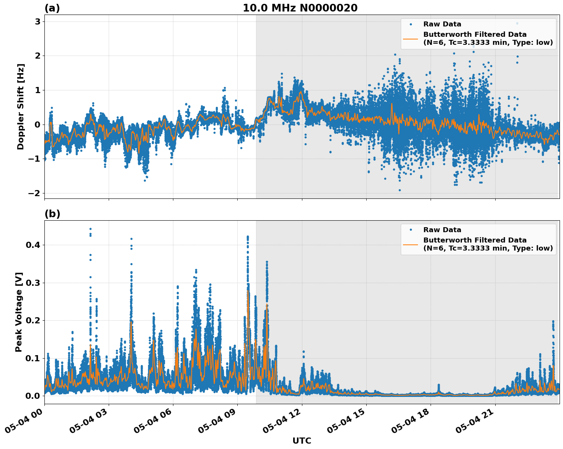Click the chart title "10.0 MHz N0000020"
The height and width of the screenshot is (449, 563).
click(x=300, y=8)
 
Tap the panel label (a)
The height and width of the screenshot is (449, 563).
click(x=52, y=8)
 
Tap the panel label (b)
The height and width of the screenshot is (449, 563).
click(x=52, y=214)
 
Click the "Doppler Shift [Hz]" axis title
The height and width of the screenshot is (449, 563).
click(x=21, y=107)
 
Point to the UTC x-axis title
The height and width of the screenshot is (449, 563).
click(x=302, y=441)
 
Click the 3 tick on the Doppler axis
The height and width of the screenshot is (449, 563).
click(x=38, y=21)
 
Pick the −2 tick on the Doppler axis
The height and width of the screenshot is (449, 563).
click(x=34, y=193)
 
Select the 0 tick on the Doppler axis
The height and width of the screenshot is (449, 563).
click(x=38, y=125)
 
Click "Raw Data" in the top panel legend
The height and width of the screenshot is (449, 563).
click(x=442, y=24)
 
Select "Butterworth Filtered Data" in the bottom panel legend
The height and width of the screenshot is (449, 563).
click(x=475, y=240)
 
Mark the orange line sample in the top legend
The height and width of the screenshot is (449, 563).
click(x=411, y=39)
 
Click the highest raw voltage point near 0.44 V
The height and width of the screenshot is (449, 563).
click(x=90, y=229)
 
